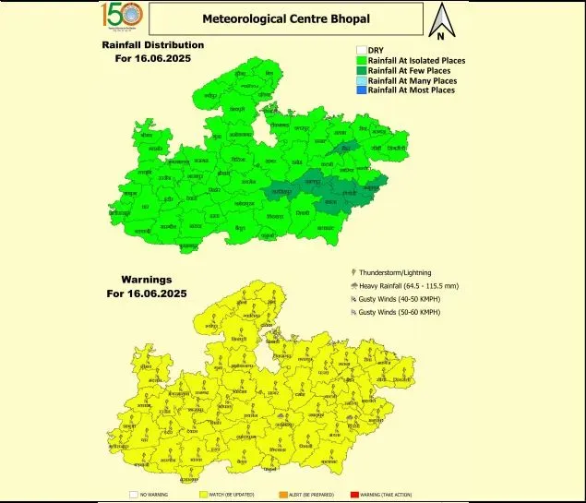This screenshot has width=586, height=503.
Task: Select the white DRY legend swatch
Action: click(x=361, y=51)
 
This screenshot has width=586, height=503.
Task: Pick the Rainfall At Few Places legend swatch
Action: click(x=361, y=70)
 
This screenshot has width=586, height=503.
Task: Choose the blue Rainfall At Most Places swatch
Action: click(x=361, y=90)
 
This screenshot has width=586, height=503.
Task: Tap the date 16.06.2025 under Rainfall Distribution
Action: click(x=153, y=58)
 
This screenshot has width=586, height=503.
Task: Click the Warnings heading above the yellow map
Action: click(x=148, y=279)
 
